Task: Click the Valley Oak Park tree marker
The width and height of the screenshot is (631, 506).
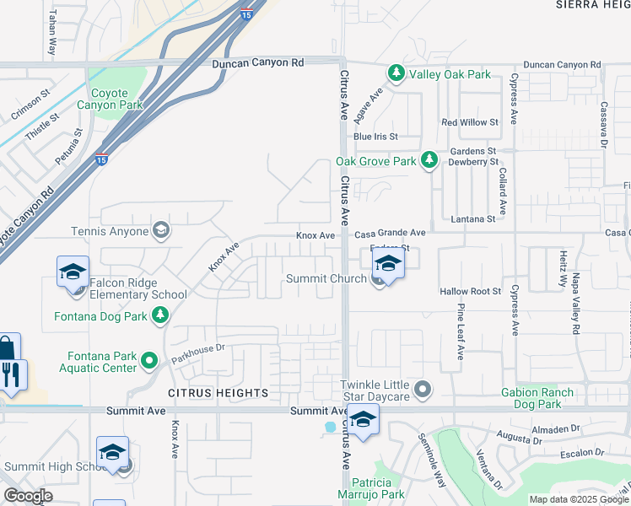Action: pos(396,74)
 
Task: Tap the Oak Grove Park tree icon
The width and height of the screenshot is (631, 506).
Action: pos(429,160)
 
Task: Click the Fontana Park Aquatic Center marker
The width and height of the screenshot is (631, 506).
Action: pos(150,361)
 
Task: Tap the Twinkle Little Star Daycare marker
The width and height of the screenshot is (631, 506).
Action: pos(423,390)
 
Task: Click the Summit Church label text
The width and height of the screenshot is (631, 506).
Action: pos(326,278)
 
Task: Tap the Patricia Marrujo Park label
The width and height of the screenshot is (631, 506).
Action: pos(371,488)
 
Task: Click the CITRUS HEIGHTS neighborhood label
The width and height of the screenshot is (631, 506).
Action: pos(218,393)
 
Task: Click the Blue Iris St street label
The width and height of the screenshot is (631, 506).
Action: pos(375,137)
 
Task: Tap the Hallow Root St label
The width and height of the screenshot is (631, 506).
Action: pos(471,291)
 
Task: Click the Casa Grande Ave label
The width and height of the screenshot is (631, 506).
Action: pos(390,233)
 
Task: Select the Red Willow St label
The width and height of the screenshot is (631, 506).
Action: pos(470,122)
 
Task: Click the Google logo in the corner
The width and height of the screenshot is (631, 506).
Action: pos(28,496)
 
